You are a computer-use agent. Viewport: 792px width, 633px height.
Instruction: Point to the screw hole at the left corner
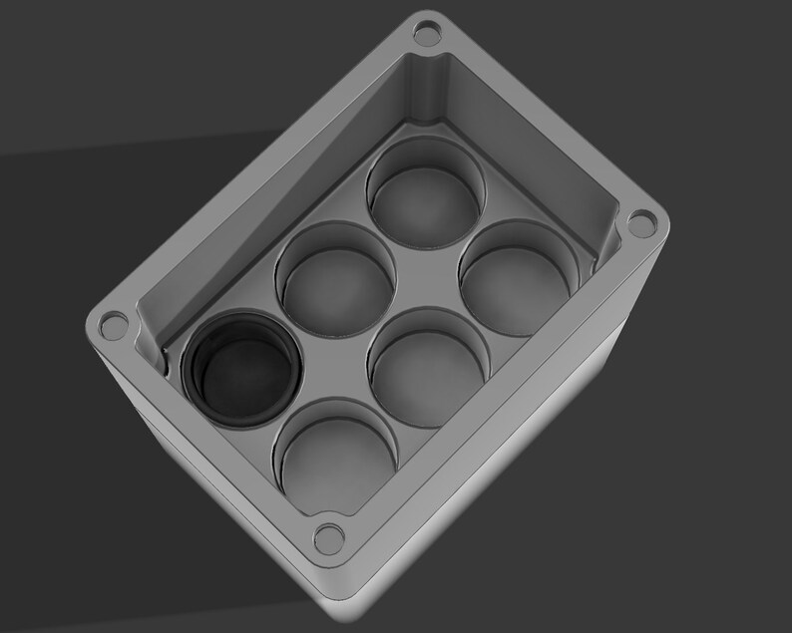coord(114,324)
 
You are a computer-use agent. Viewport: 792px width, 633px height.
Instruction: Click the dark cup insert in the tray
coord(241,368)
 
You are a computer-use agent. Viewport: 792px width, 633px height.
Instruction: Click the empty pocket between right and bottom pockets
coord(428,367)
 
